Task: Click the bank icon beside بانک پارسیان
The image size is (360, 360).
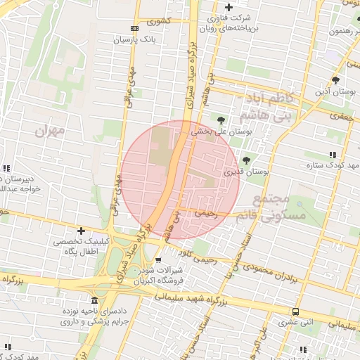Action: coord(135,29)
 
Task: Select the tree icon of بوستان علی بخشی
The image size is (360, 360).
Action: coord(222,120)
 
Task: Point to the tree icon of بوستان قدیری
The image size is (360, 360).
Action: coord(245,160)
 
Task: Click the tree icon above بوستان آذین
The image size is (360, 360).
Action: coord(336,79)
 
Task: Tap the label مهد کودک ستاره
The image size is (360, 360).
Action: coord(333,166)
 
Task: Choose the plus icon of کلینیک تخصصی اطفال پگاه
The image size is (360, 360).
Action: coord(82,231)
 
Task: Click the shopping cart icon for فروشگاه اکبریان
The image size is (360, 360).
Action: coord(157,260)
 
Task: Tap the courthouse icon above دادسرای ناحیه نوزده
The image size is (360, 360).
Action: coord(95,300)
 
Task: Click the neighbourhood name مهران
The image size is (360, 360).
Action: coord(48,131)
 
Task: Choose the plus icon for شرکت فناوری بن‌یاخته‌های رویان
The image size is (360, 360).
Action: coord(229,7)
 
